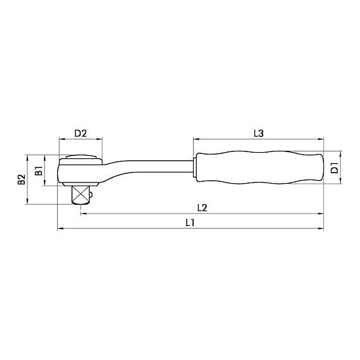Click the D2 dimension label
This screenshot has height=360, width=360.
(x=81, y=133)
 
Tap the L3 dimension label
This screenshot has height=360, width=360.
(x=259, y=133)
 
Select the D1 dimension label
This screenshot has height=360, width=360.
(x=335, y=168)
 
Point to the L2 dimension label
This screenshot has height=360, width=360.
(x=202, y=208)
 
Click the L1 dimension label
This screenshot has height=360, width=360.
(x=191, y=222)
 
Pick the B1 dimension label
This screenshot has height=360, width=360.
(x=39, y=171)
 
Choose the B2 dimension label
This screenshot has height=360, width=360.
(x=22, y=179)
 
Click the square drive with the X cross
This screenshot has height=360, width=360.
(x=81, y=195)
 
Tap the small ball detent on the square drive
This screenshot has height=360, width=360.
(x=91, y=195)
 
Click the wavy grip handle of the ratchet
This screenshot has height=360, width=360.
(x=259, y=168)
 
